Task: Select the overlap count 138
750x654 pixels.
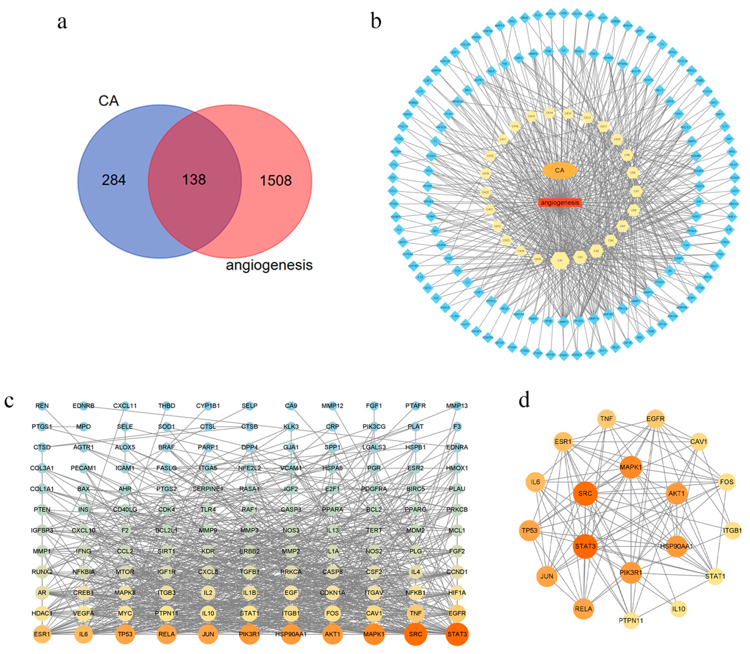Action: pos(194,180)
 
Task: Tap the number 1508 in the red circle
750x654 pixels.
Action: pos(276,180)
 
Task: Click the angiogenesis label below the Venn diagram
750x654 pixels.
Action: pos(269,265)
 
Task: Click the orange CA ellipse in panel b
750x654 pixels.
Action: pos(559,170)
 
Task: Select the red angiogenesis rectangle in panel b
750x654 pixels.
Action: pos(560,203)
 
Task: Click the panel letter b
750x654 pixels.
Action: pos(376,21)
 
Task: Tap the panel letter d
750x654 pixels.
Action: pos(524,400)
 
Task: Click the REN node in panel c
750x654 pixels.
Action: pos(42,406)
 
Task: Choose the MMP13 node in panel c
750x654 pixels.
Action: pos(457,406)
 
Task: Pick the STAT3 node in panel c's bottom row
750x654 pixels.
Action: pos(457,634)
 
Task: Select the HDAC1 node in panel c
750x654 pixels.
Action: pos(42,613)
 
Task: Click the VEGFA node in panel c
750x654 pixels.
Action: pos(84,613)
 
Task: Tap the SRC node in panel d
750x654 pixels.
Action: pos(585,494)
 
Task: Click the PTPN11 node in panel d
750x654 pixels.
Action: pos(631,620)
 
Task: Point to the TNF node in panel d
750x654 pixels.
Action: pos(606,419)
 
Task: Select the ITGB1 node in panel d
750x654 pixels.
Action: pos(732,530)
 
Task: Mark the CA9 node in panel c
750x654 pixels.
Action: pos(291,406)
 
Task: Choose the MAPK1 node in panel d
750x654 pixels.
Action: pos(631,467)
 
